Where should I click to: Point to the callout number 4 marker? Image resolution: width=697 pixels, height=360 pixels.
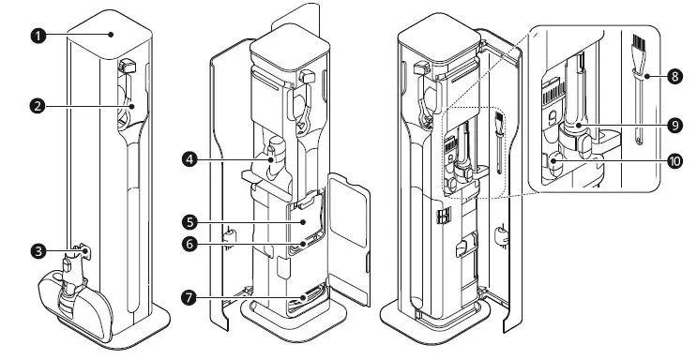pyautogui.click(x=190, y=159)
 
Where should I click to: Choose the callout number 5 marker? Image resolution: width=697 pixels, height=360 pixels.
pyautogui.click(x=190, y=223)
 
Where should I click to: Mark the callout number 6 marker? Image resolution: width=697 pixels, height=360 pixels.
pyautogui.click(x=190, y=243)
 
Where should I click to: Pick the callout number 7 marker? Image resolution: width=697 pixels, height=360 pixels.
pyautogui.click(x=190, y=297)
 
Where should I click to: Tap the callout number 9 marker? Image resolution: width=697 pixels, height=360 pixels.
pyautogui.click(x=673, y=123)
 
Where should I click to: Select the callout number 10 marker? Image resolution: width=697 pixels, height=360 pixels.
pyautogui.click(x=673, y=160)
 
